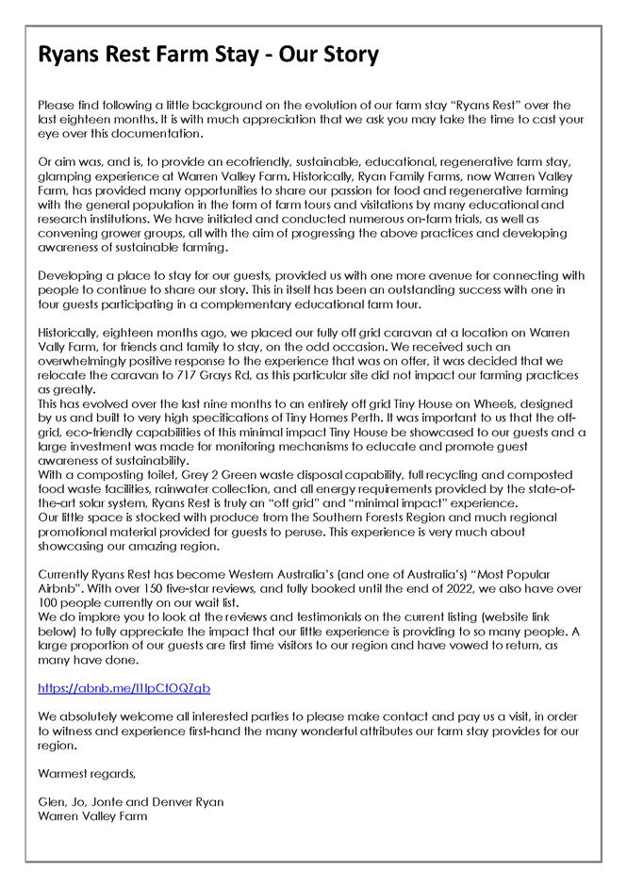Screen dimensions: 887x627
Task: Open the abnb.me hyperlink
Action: [124, 688]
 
